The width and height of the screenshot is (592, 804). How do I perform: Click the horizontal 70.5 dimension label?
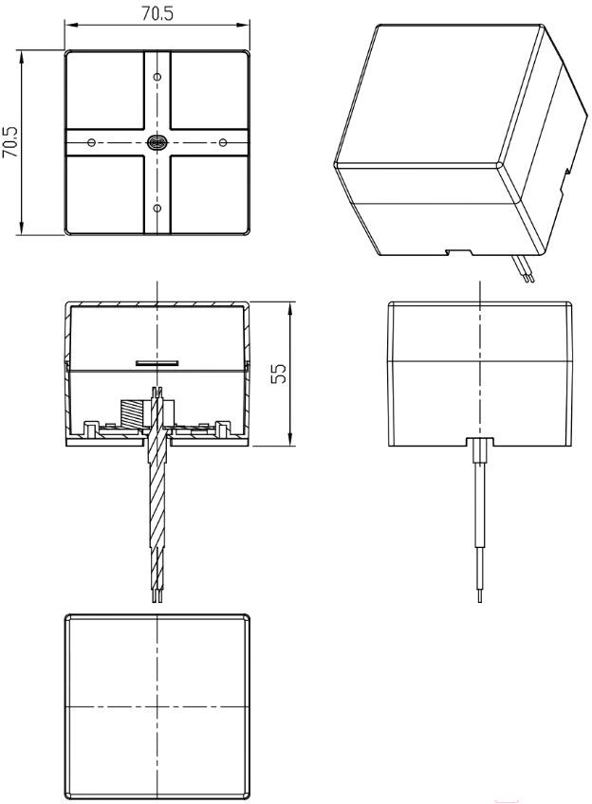[x=157, y=13]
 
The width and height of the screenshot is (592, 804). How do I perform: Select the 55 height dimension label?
[x=280, y=374]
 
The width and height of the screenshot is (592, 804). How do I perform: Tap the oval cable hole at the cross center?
[x=157, y=142]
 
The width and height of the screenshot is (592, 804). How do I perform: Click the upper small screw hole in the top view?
[x=157, y=77]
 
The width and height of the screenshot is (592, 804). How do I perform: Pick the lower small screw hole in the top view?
[x=157, y=209]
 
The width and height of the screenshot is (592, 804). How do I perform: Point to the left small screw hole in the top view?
[x=92, y=142]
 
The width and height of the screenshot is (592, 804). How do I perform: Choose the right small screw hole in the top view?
[x=223, y=142]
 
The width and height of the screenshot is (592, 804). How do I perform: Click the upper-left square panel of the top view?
[x=105, y=90]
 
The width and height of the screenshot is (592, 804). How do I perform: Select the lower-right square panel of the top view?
[x=210, y=194]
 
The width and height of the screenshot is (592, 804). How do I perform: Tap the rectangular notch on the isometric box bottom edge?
[x=458, y=252]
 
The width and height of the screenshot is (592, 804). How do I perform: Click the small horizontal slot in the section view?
[x=157, y=363]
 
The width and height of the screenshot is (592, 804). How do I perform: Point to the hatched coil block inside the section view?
[x=132, y=412]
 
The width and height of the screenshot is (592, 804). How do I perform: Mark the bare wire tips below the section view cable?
[x=157, y=594]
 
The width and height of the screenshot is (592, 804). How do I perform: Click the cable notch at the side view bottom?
[x=480, y=442]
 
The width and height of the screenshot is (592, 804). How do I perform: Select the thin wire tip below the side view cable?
[x=480, y=595]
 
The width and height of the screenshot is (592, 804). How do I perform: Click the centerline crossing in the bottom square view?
[x=157, y=707]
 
